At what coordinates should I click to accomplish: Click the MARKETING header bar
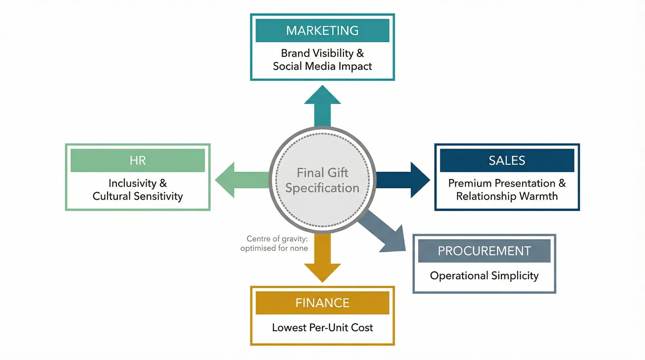322,31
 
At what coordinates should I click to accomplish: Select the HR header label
138,161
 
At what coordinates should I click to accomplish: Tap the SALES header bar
507,161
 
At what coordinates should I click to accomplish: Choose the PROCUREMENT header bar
484,251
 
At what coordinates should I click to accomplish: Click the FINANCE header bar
322,303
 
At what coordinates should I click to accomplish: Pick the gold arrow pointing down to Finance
322,259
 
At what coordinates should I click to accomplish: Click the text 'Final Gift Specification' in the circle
322,180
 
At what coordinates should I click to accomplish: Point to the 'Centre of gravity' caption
274,243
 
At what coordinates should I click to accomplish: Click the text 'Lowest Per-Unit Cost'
322,327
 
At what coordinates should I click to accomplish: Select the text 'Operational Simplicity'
484,276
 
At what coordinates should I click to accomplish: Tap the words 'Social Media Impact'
322,66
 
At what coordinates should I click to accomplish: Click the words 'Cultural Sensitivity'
138,196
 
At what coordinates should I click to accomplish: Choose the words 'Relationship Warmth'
507,196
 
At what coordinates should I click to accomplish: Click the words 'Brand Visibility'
317,53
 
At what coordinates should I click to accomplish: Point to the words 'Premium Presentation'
502,183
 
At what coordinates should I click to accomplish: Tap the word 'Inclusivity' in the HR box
132,183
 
